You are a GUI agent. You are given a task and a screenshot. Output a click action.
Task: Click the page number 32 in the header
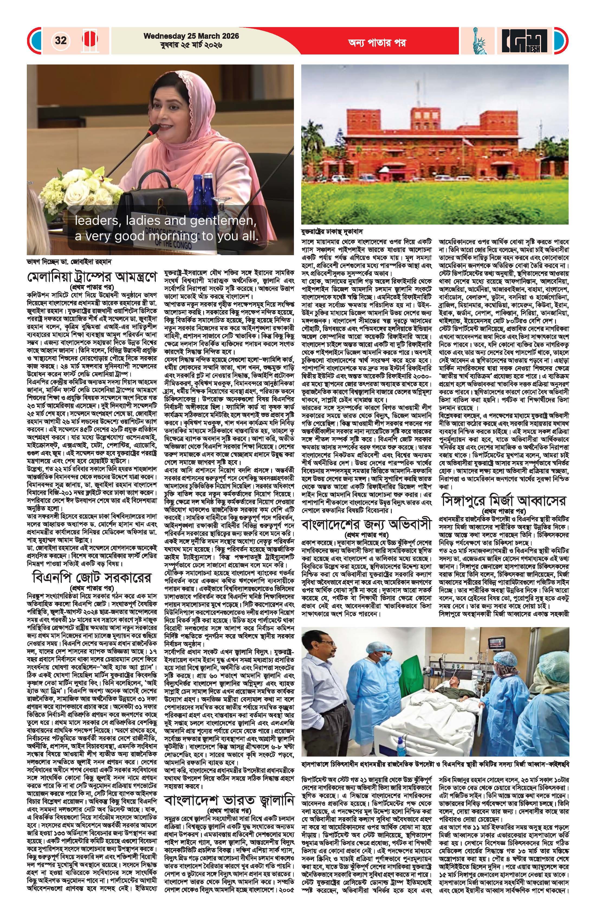pos(61,40)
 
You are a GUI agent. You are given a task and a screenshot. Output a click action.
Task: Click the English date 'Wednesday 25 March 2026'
pos(191,36)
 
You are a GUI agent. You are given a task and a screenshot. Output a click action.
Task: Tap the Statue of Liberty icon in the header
pos(480,40)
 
